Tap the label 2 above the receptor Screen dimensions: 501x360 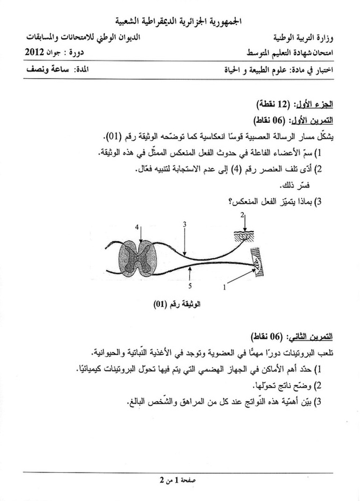point(242,215)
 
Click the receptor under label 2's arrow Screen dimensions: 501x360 point(243,237)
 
